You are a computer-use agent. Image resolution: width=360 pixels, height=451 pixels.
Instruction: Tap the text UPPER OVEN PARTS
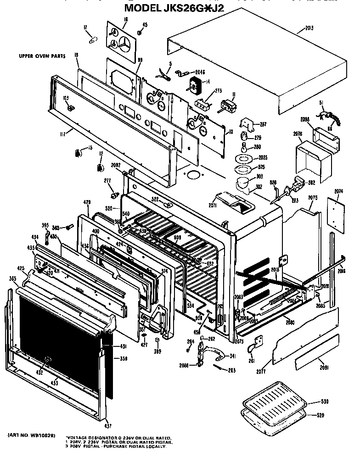(x=42, y=56)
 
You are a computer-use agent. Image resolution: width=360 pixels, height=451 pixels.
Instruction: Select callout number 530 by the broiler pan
(x=325, y=402)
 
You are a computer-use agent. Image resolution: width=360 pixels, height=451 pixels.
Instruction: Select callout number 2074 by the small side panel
(x=339, y=191)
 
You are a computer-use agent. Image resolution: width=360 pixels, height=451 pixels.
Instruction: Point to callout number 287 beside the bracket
(x=263, y=124)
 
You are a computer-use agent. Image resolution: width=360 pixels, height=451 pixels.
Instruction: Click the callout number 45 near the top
(x=145, y=24)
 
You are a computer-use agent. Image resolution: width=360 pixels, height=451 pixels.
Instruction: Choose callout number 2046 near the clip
(x=200, y=72)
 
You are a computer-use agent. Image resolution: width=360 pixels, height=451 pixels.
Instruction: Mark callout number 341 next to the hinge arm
(x=232, y=356)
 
